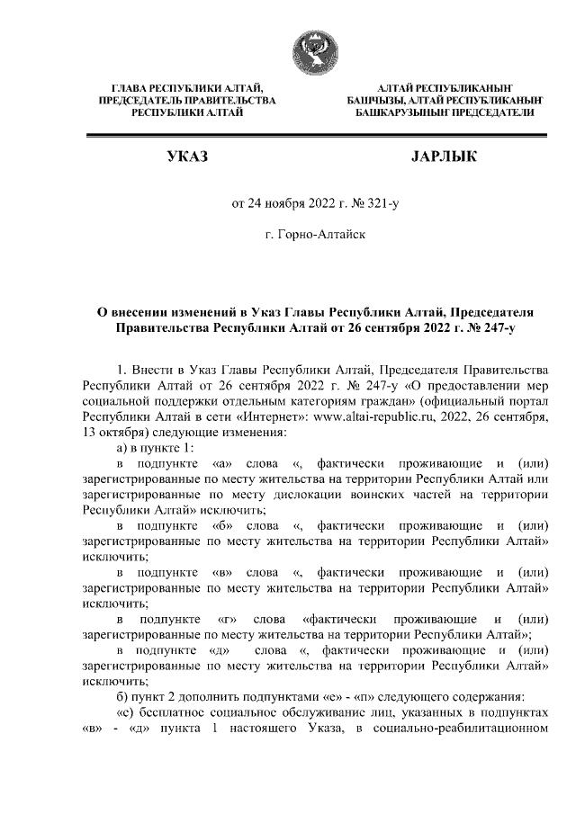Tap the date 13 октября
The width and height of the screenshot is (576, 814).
point(112,432)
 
